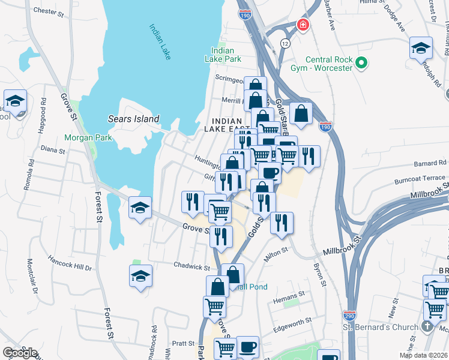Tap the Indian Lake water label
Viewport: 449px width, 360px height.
[160, 41]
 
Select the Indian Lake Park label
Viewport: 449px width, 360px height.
[226, 55]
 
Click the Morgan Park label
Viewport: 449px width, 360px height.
[89, 137]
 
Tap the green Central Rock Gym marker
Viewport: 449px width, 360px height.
[361, 62]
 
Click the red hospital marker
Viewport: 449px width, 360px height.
[303, 25]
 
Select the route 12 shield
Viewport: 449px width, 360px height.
[285, 44]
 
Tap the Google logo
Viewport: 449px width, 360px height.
[20, 352]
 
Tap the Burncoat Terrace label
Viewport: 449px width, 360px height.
[420, 179]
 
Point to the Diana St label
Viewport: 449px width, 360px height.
[52, 149]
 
